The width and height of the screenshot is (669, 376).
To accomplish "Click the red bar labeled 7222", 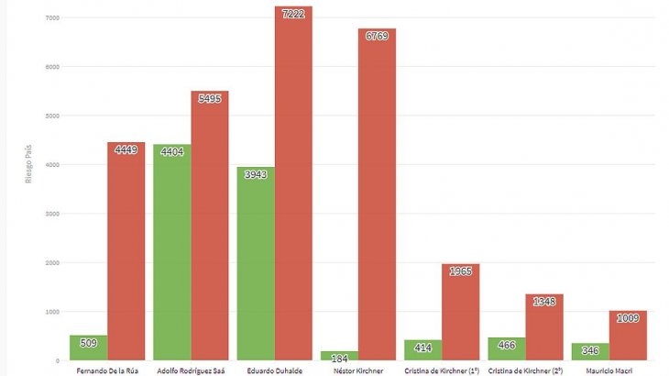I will pos(293,183).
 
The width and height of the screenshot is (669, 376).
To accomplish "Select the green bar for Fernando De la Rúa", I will pos(88,348).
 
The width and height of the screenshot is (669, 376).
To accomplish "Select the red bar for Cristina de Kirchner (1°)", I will pos(460,312).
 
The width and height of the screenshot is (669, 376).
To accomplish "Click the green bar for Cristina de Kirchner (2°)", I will pos(507,349).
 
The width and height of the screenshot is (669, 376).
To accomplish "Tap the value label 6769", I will pos(377,36).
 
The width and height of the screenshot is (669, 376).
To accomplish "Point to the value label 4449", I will pos(126,149).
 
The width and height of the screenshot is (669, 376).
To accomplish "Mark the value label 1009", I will pos(627,318).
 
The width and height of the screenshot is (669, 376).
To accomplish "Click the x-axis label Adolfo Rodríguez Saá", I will pos(191,370).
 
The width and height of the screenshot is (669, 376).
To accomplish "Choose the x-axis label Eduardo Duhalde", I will pos(274,370).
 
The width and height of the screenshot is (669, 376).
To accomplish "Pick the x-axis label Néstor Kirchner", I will pos(357,370).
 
